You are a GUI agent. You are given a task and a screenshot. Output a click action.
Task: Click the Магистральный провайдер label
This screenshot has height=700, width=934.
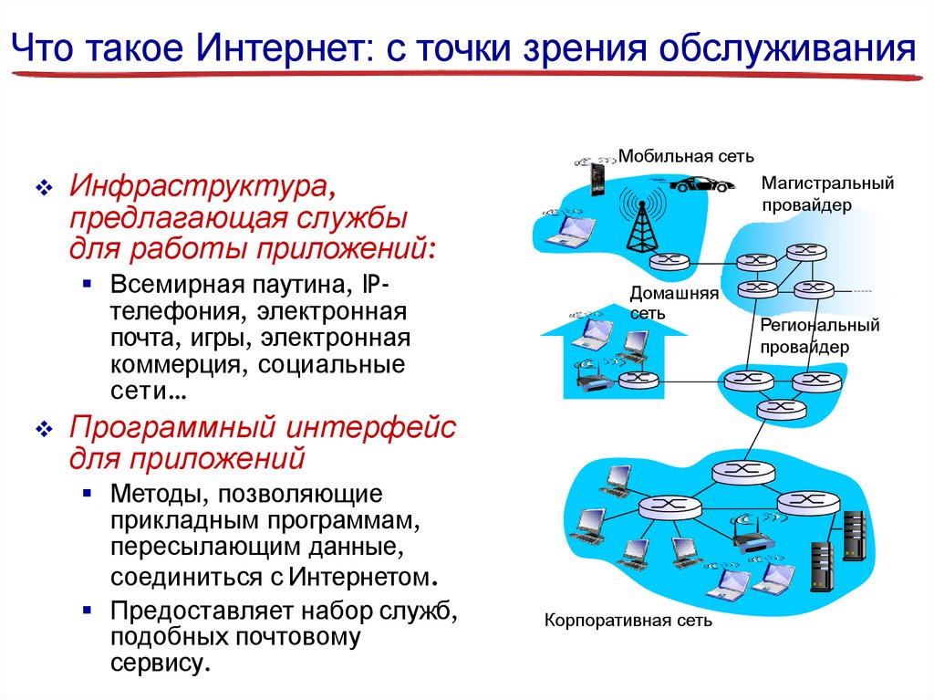coord(827,194)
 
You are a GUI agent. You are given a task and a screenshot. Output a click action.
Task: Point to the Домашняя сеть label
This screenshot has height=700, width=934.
coord(674,303)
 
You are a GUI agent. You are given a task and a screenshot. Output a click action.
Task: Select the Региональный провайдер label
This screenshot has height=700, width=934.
coord(818,336)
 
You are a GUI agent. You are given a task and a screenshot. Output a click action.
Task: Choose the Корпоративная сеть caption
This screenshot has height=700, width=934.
coord(628,621)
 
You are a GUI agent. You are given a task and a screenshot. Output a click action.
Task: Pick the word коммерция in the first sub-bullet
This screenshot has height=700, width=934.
coord(178,365)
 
